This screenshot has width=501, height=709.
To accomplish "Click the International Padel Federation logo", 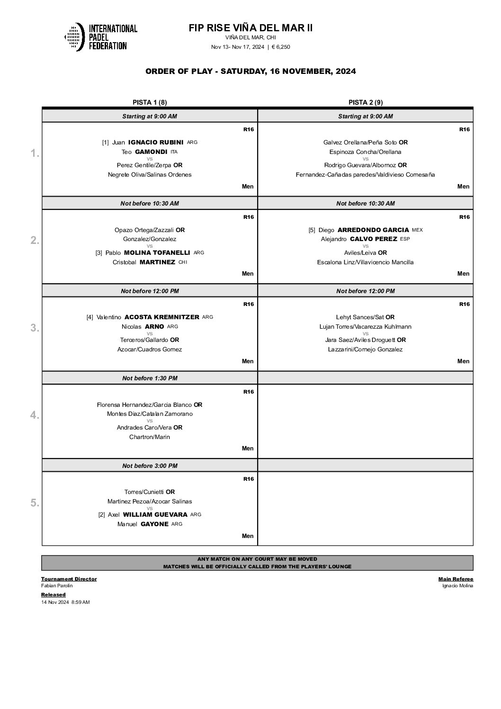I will pyautogui.click(x=101, y=37).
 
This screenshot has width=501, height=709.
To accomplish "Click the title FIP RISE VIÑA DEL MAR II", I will pyautogui.click(x=250, y=28).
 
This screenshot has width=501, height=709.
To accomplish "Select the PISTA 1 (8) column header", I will pyautogui.click(x=150, y=102).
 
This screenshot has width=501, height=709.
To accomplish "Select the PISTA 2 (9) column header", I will pyautogui.click(x=366, y=102).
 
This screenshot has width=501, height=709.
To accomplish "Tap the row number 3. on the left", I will pyautogui.click(x=35, y=328).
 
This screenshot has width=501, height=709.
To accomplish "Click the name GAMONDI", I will pyautogui.click(x=151, y=152).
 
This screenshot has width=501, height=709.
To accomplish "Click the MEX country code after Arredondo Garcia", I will pyautogui.click(x=417, y=230).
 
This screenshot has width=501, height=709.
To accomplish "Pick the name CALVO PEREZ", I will pyautogui.click(x=373, y=239).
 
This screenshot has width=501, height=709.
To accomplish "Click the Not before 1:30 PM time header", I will pyautogui.click(x=150, y=378).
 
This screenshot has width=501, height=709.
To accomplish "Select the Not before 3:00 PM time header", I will pyautogui.click(x=150, y=466).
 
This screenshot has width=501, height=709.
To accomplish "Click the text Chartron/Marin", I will pyautogui.click(x=150, y=437).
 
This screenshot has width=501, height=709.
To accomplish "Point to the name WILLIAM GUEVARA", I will pyautogui.click(x=155, y=515).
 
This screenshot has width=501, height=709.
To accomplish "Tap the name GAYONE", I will pyautogui.click(x=154, y=524).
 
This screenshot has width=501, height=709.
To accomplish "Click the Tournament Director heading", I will pyautogui.click(x=69, y=579).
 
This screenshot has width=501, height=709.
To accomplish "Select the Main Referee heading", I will pyautogui.click(x=456, y=579).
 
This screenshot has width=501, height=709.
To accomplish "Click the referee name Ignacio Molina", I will pyautogui.click(x=457, y=586).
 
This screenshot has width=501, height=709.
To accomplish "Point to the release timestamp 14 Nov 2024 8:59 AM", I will pyautogui.click(x=65, y=602).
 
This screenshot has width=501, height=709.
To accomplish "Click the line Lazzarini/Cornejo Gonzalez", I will pyautogui.click(x=365, y=350).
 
